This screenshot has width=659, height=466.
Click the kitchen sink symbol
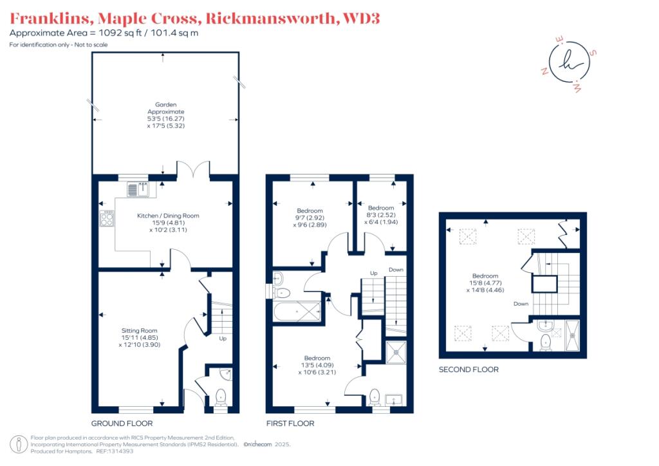coord(138,189)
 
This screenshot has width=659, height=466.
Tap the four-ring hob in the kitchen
coord(107,218)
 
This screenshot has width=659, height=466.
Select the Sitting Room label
coord(140,337)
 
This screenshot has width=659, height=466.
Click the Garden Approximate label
coord(166,115)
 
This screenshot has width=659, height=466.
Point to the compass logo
coord(570,64)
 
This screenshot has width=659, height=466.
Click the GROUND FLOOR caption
coord(122,423)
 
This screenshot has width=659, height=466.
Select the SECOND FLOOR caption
coord(469,369)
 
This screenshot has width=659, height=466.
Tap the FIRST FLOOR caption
coord(290,423)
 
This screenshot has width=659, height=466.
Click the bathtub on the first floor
coord(297,312)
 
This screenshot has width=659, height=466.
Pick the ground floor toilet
coord(221,397)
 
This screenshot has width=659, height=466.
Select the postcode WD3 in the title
coord(361,19)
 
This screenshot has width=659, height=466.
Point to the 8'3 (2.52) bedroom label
coord(381,215)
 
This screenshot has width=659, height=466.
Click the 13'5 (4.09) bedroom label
coord(317,365)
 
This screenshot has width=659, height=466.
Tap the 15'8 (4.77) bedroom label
coord(485,283)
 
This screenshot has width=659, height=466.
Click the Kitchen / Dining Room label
coord(168,223)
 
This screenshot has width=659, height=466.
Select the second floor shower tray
coord(572,335)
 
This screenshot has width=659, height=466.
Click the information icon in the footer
coord(19,444)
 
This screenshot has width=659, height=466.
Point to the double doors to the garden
coord(193,171)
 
